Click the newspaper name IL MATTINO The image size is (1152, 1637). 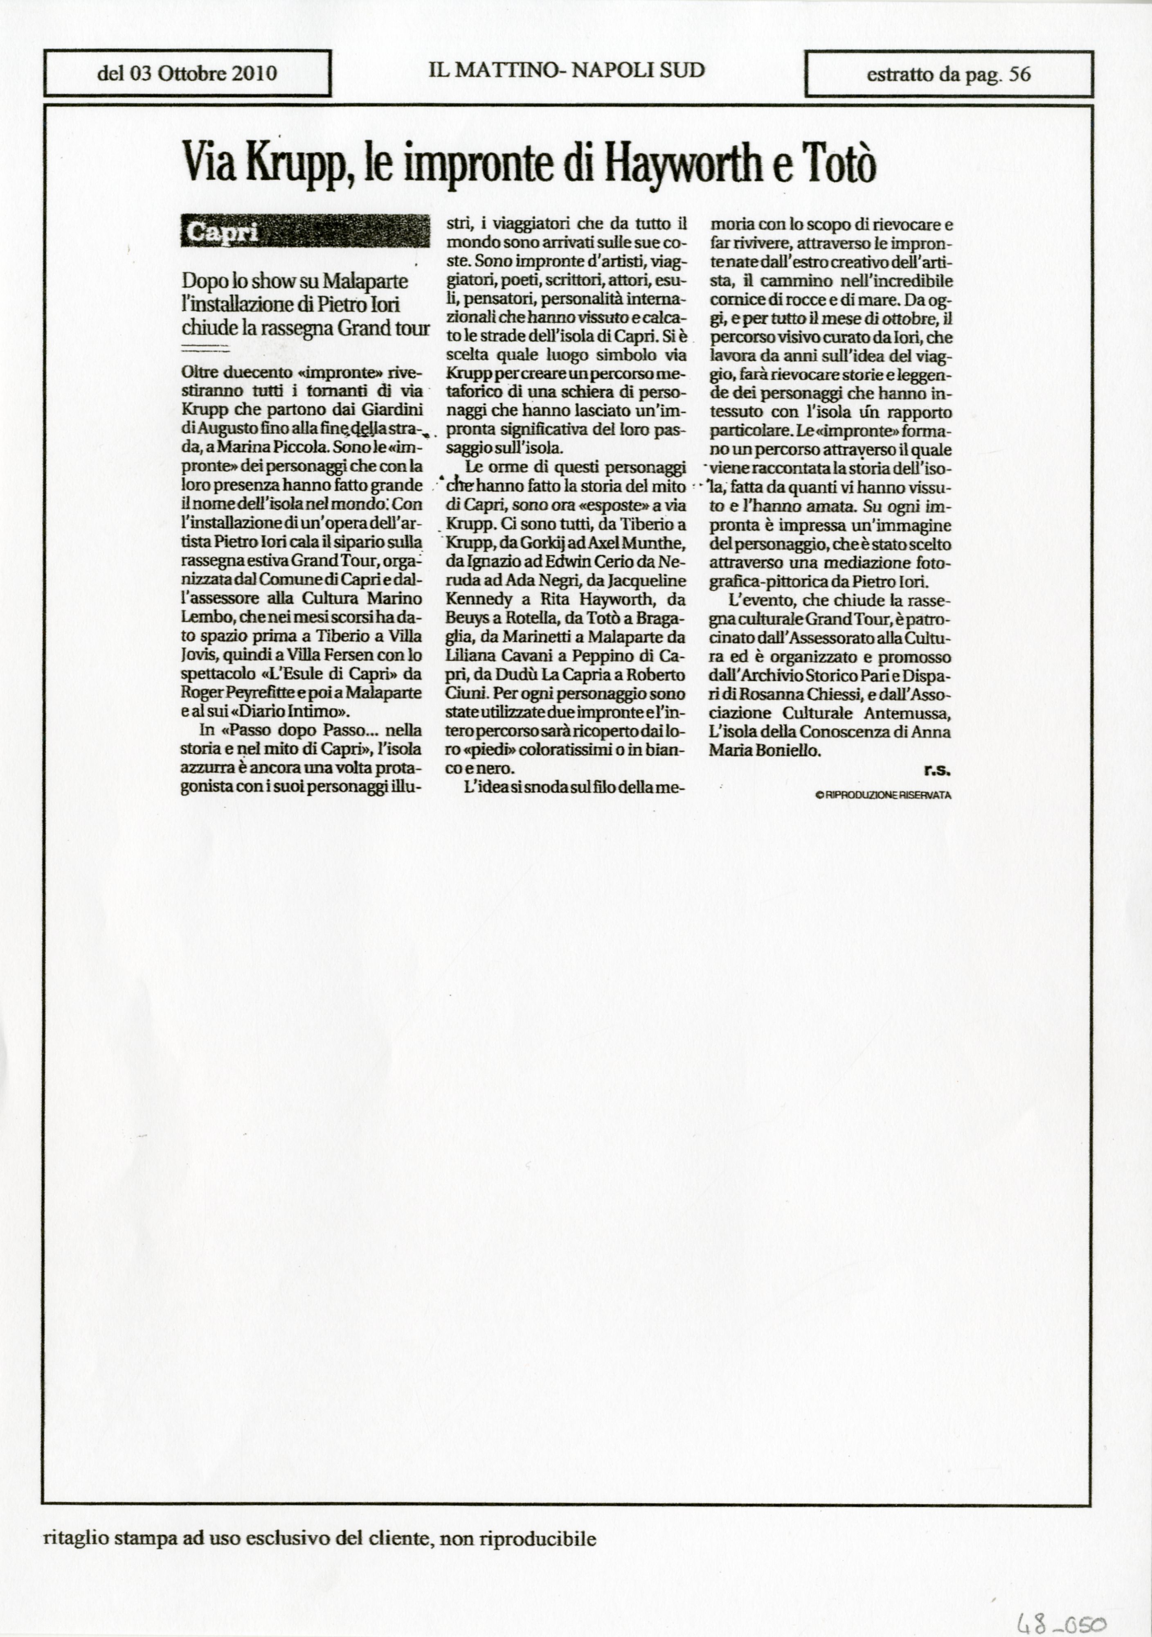[492, 70]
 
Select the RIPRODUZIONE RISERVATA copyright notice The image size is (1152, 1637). [884, 795]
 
